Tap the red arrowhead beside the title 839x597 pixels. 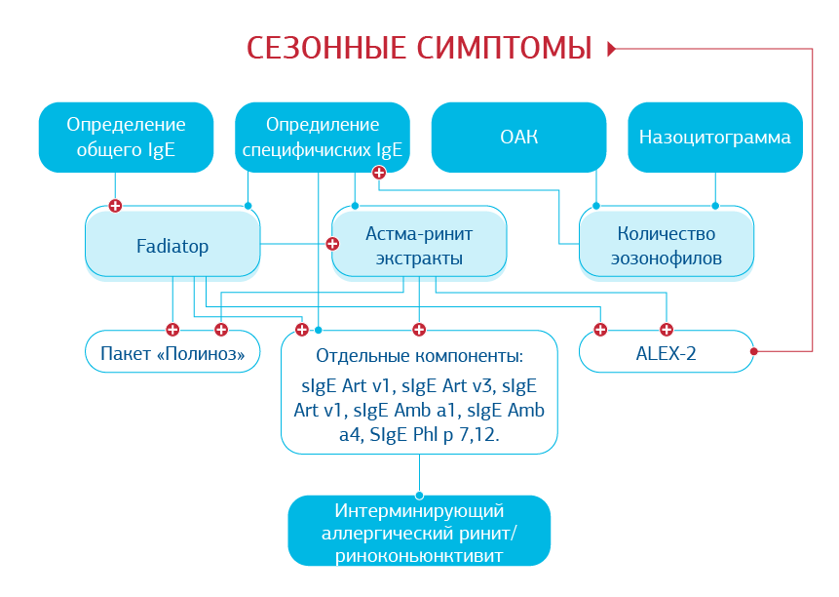point(612,48)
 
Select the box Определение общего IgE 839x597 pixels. point(126,138)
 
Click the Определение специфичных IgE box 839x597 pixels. point(323,138)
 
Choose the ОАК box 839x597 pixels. point(518,138)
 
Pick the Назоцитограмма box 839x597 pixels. point(714,138)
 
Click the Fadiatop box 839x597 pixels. point(172,246)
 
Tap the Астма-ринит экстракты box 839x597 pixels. point(419,246)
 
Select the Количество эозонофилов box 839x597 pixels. point(667,246)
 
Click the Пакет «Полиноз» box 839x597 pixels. point(172,352)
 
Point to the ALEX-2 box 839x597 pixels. point(667,352)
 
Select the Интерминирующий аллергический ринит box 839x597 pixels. point(419,533)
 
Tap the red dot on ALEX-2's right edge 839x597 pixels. point(754,351)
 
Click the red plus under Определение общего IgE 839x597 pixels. point(115,206)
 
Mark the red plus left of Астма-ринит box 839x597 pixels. point(330,244)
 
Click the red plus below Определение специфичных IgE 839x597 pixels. point(379,172)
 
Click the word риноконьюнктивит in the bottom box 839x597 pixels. point(419,556)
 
